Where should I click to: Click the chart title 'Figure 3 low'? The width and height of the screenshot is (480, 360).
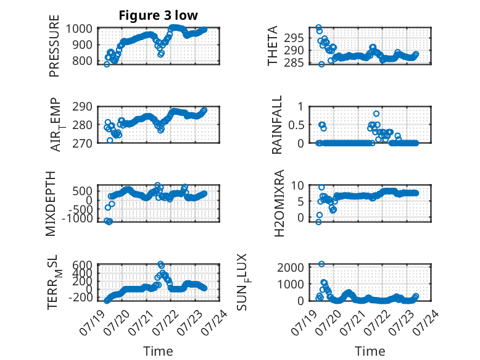pyautogui.click(x=159, y=15)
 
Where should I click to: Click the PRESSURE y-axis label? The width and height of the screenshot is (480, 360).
pyautogui.click(x=54, y=46)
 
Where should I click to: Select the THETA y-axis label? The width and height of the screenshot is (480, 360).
pyautogui.click(x=273, y=46)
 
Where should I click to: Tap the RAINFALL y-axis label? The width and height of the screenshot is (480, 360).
pyautogui.click(x=276, y=125)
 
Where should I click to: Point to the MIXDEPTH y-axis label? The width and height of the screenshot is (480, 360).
pyautogui.click(x=51, y=204)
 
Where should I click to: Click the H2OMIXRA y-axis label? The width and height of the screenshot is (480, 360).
pyautogui.click(x=279, y=203)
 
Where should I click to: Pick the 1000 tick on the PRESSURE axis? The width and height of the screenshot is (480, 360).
pyautogui.click(x=79, y=29)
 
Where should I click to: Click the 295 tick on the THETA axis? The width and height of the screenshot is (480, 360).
pyautogui.click(x=294, y=38)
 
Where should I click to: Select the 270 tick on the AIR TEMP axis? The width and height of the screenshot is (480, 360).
pyautogui.click(x=82, y=143)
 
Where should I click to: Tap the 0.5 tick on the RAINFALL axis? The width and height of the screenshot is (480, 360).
pyautogui.click(x=296, y=125)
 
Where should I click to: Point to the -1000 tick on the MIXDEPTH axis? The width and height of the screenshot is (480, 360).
pyautogui.click(x=77, y=219)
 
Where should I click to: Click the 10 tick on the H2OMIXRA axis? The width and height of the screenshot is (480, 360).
pyautogui.click(x=297, y=185)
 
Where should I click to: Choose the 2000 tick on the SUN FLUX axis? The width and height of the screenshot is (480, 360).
pyautogui.click(x=291, y=267)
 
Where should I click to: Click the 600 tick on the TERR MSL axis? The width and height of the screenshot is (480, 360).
pyautogui.click(x=82, y=265)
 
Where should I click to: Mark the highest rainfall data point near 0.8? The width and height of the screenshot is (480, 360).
pyautogui.click(x=376, y=114)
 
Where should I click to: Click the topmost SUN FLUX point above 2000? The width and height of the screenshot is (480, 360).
pyautogui.click(x=321, y=264)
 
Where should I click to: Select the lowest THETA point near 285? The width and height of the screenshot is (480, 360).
pyautogui.click(x=321, y=64)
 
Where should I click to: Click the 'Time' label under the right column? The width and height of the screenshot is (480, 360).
pyautogui.click(x=370, y=351)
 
